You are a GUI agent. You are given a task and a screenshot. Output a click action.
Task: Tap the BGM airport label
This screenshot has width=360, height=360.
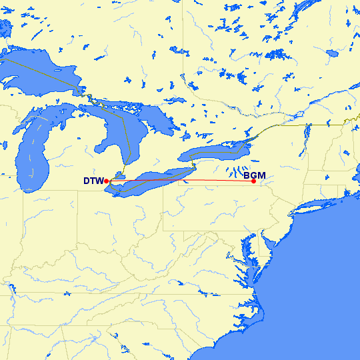click(255, 176)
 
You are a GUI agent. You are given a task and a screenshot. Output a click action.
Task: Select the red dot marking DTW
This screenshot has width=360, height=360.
click(107, 181)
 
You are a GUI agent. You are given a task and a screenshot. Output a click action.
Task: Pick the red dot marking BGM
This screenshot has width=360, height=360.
click(253, 181)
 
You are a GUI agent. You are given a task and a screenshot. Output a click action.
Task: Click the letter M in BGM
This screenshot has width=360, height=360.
click(261, 176)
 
